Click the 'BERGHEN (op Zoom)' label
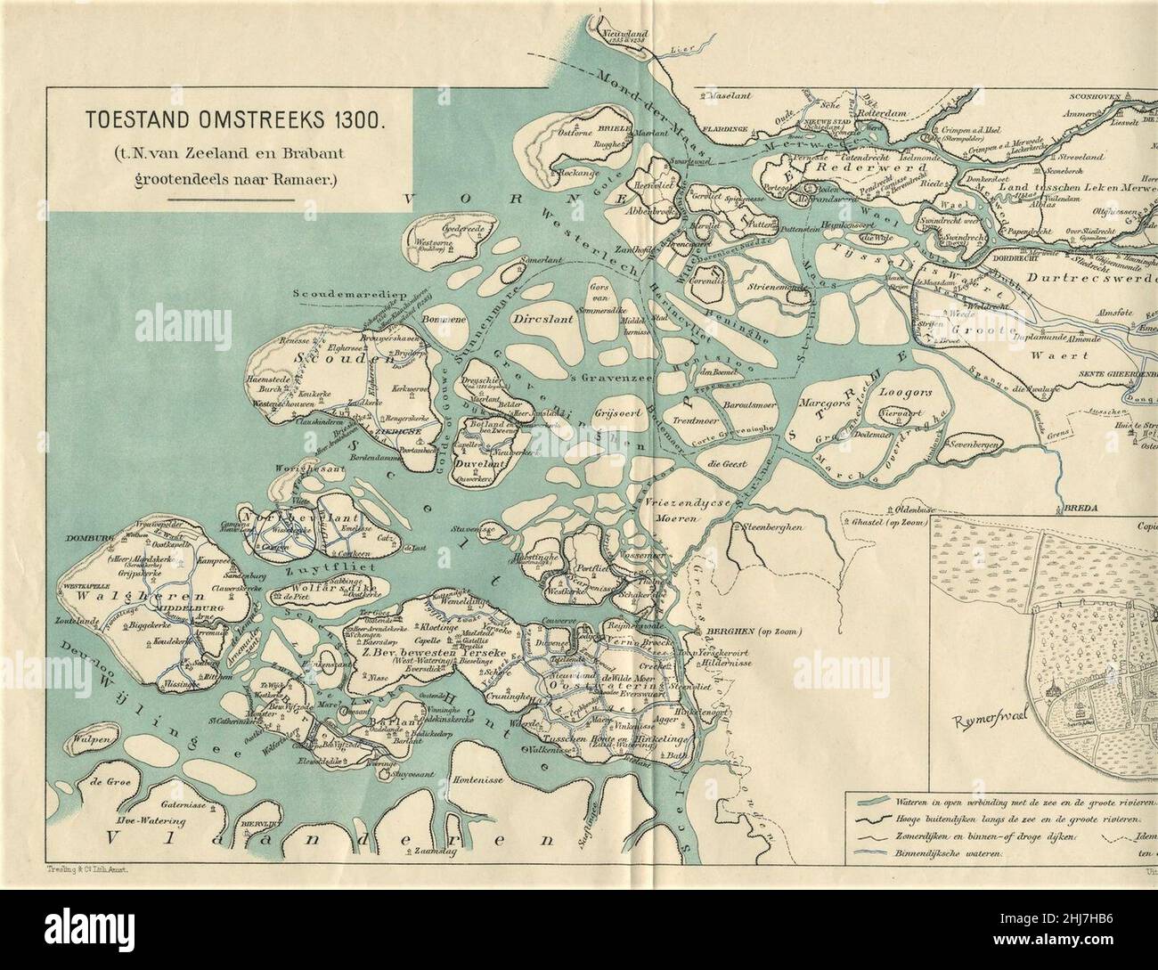pos(752,632)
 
